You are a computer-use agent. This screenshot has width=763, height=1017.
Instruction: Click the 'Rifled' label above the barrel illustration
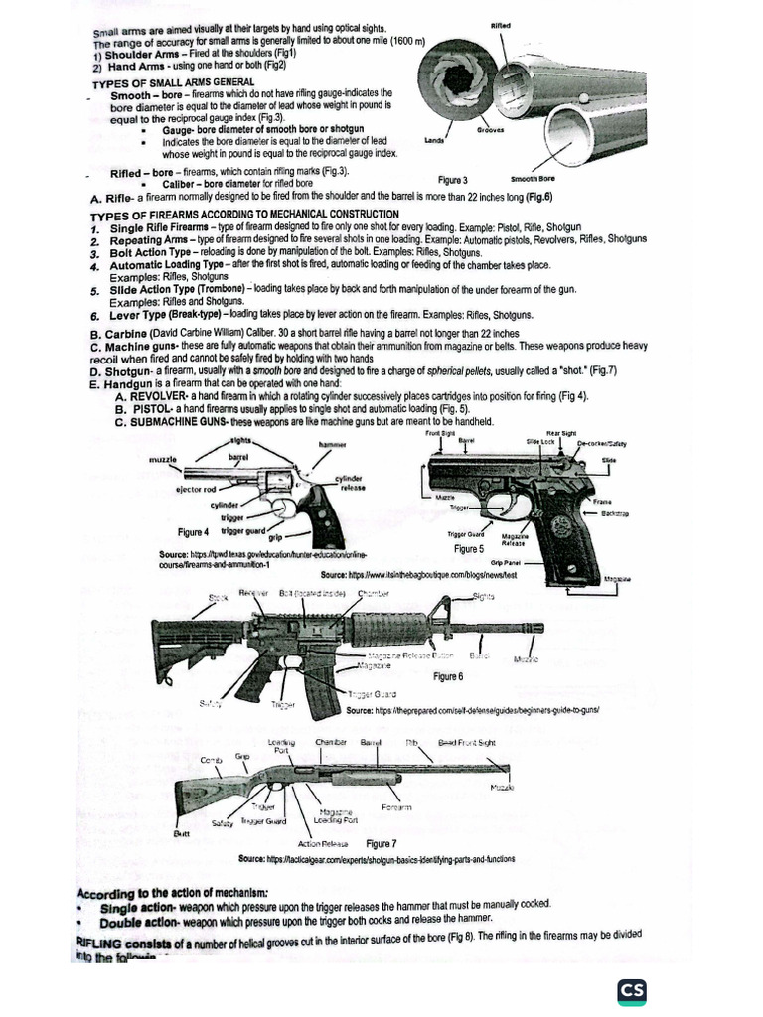click(503, 24)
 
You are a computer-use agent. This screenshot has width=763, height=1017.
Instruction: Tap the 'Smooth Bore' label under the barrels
click(533, 178)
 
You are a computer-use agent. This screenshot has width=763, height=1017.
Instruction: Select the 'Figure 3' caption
click(452, 180)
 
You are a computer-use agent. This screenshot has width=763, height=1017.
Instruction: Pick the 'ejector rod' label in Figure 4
click(196, 489)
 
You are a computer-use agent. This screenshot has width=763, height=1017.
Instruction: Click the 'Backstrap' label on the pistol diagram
click(615, 512)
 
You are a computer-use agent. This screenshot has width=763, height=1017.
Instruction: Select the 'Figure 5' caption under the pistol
click(468, 548)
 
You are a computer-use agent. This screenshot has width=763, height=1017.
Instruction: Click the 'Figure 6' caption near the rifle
click(448, 676)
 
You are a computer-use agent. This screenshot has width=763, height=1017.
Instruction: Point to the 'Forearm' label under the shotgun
click(396, 807)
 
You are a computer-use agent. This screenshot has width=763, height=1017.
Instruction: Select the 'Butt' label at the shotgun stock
click(182, 833)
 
